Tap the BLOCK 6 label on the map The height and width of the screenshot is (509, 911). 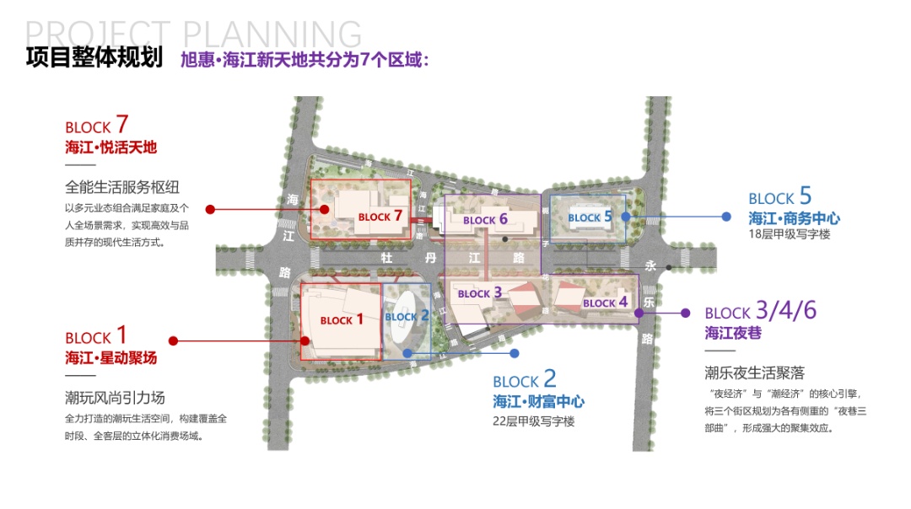[x=485, y=219]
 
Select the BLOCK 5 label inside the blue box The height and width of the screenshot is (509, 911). [x=590, y=217]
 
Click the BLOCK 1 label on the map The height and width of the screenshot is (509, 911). [x=342, y=319]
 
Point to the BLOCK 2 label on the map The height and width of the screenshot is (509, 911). [x=407, y=317]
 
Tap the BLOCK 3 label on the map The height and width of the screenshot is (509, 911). [x=480, y=293]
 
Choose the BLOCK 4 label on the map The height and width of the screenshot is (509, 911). [x=606, y=303]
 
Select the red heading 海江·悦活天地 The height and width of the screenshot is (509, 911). [x=111, y=147]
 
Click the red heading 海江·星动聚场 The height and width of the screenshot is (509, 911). [x=111, y=358]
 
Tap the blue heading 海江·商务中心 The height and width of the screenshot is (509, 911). [x=794, y=218]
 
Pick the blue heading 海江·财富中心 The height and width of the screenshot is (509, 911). [x=538, y=402]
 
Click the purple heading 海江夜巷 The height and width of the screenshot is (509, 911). [x=733, y=333]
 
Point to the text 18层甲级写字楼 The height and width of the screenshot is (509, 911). [x=789, y=234]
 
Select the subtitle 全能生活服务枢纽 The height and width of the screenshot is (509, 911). [x=122, y=187]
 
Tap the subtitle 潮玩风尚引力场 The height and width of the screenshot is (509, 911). [x=115, y=397]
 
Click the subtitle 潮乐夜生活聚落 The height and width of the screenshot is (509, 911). [x=754, y=372]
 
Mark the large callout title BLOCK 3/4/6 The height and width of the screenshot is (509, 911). [x=760, y=311]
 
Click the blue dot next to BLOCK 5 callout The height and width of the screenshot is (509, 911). [x=725, y=217]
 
